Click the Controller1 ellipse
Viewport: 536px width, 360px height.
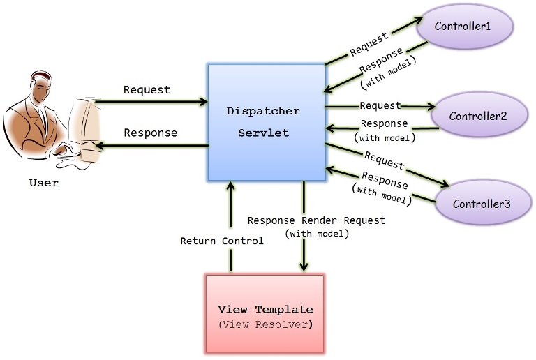[464, 26]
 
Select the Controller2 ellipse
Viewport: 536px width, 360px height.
[478, 115]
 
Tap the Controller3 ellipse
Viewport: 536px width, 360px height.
[482, 204]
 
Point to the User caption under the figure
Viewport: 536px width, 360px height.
[43, 183]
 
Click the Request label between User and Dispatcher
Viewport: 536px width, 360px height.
[147, 89]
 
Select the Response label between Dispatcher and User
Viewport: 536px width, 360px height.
[150, 132]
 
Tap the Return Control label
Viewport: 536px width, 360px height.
[222, 241]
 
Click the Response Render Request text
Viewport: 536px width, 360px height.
[316, 220]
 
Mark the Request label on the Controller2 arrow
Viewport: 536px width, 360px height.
[380, 105]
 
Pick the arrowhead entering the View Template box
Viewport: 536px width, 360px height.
[304, 267]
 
